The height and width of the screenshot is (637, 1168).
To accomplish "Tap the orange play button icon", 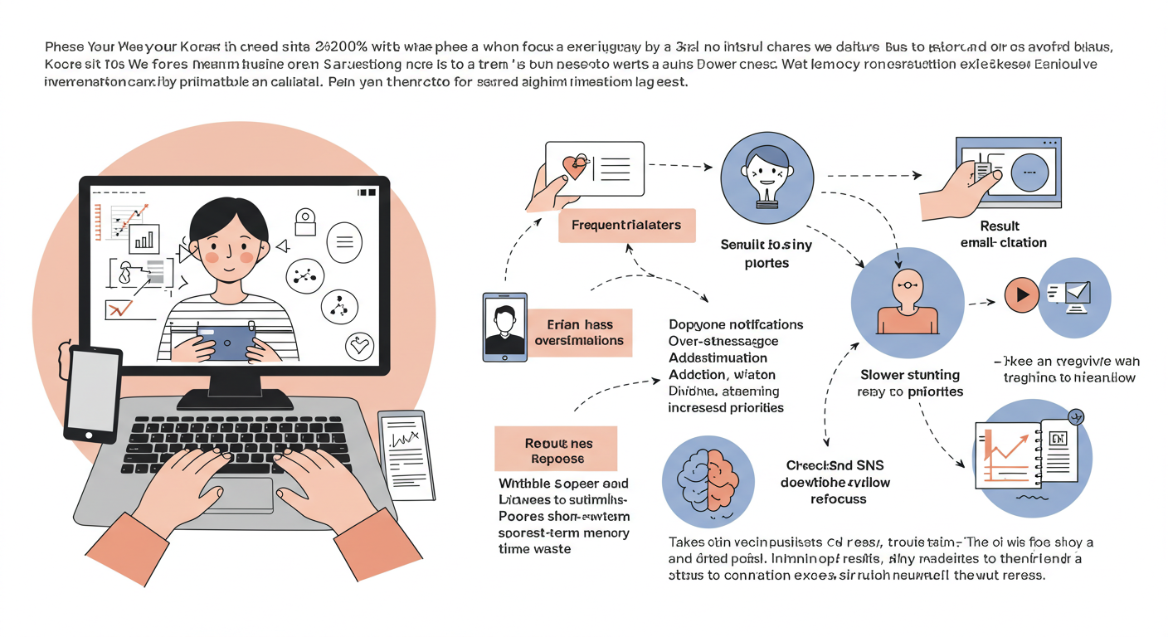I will [1022, 294].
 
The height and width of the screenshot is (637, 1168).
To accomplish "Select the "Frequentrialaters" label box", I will [626, 225].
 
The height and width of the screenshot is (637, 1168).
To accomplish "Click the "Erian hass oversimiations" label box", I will [579, 333].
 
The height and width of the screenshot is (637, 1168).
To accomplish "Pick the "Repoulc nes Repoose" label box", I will [555, 450].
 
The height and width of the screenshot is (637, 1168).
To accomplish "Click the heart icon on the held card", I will [574, 167].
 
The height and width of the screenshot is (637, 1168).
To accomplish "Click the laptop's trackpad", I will [238, 494].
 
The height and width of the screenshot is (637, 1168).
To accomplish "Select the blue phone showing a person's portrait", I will [504, 327].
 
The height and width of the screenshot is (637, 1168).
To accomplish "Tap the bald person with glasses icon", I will [907, 296].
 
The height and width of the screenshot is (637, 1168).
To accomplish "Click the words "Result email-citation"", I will [1003, 235].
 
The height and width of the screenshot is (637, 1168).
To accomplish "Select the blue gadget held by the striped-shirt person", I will [225, 342].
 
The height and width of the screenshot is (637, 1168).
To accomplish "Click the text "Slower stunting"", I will [909, 375].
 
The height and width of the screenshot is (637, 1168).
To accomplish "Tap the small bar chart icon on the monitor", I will [144, 239].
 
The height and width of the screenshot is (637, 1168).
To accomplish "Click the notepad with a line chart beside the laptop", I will [407, 452].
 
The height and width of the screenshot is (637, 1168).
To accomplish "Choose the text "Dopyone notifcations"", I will [736, 324].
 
